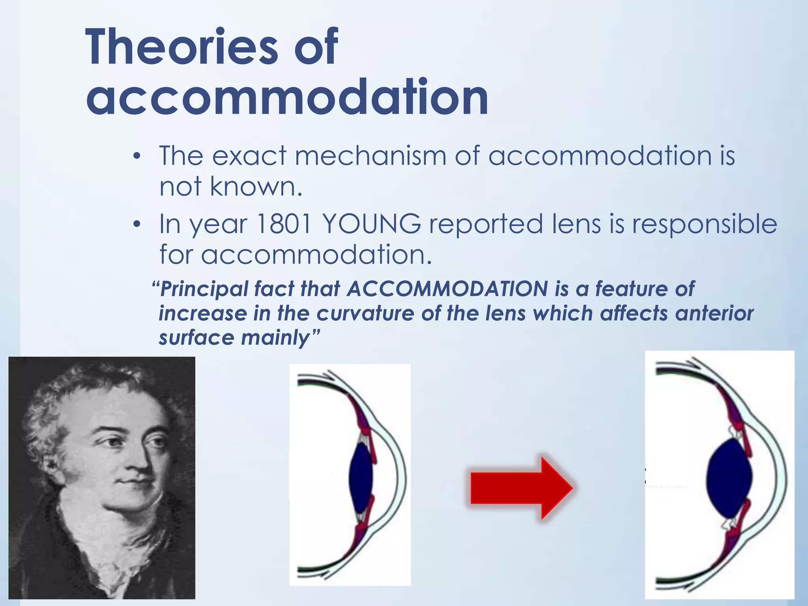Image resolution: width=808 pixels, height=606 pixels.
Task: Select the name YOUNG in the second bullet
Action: (372, 224)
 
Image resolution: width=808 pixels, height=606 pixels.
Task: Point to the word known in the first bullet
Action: (256, 186)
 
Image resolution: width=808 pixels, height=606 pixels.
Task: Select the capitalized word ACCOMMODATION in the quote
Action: (447, 289)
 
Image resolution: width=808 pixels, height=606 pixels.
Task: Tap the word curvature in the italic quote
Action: (365, 314)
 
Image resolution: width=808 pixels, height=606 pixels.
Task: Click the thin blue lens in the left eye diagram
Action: (361, 477)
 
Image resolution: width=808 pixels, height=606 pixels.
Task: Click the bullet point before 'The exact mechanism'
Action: (137, 157)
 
